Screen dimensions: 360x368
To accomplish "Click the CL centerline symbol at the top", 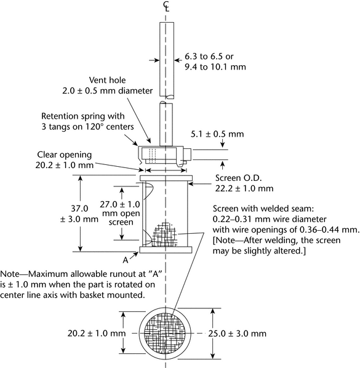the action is (x=166, y=6).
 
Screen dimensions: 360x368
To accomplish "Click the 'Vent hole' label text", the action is (x=107, y=80).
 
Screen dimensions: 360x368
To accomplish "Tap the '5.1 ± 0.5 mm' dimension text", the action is (x=217, y=134).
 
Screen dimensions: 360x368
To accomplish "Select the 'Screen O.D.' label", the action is (x=238, y=178).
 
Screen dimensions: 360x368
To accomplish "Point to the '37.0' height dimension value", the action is (x=79, y=209).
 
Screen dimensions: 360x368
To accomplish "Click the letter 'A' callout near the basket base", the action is (x=126, y=260).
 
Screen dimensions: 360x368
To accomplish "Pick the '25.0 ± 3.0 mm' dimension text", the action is (x=238, y=334).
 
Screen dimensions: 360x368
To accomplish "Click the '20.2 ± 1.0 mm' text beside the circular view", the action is (x=97, y=334).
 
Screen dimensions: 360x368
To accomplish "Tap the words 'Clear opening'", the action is (x=64, y=155).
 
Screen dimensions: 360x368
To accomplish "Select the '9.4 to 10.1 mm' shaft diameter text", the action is (x=215, y=67).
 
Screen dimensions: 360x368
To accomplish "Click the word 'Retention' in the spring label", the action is (x=60, y=116).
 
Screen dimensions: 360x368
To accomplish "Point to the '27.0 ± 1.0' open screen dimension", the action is (x=120, y=204).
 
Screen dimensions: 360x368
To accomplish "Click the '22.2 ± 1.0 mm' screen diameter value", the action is (x=244, y=189).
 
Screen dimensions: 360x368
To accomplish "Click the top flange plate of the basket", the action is (x=166, y=178).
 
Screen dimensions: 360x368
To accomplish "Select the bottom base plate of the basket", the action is (x=166, y=250).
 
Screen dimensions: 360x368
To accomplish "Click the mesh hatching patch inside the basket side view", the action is (x=164, y=234).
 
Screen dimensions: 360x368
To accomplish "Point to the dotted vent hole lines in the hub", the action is (x=153, y=155).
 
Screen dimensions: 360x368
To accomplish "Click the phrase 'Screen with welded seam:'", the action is (x=263, y=209).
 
